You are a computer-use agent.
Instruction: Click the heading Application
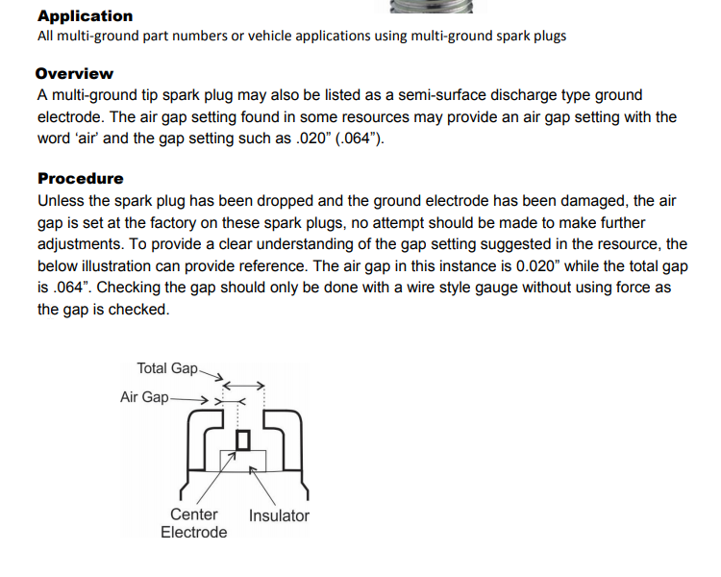86,15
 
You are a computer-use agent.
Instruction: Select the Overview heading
74,73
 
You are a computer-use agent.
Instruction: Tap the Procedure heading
81,178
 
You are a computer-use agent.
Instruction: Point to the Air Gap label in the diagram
144,397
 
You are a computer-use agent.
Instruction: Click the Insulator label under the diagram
279,515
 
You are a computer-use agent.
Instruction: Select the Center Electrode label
194,523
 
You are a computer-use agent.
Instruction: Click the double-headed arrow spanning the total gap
244,385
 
